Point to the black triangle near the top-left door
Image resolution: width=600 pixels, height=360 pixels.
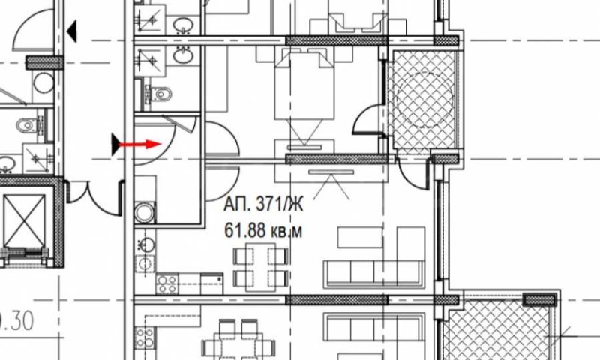click(x=72, y=31)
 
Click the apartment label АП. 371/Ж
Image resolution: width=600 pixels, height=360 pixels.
click(x=263, y=202)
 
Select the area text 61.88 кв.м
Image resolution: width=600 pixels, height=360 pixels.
click(x=263, y=232)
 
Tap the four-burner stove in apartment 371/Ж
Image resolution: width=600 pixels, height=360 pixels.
click(x=166, y=284)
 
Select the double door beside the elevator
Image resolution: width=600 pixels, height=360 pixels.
click(x=94, y=193)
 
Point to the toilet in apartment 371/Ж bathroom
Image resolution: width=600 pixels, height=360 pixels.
click(x=160, y=93)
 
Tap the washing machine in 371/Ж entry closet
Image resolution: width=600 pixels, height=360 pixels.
click(x=145, y=212)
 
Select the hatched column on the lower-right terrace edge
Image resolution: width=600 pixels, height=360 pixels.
click(x=539, y=299)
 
